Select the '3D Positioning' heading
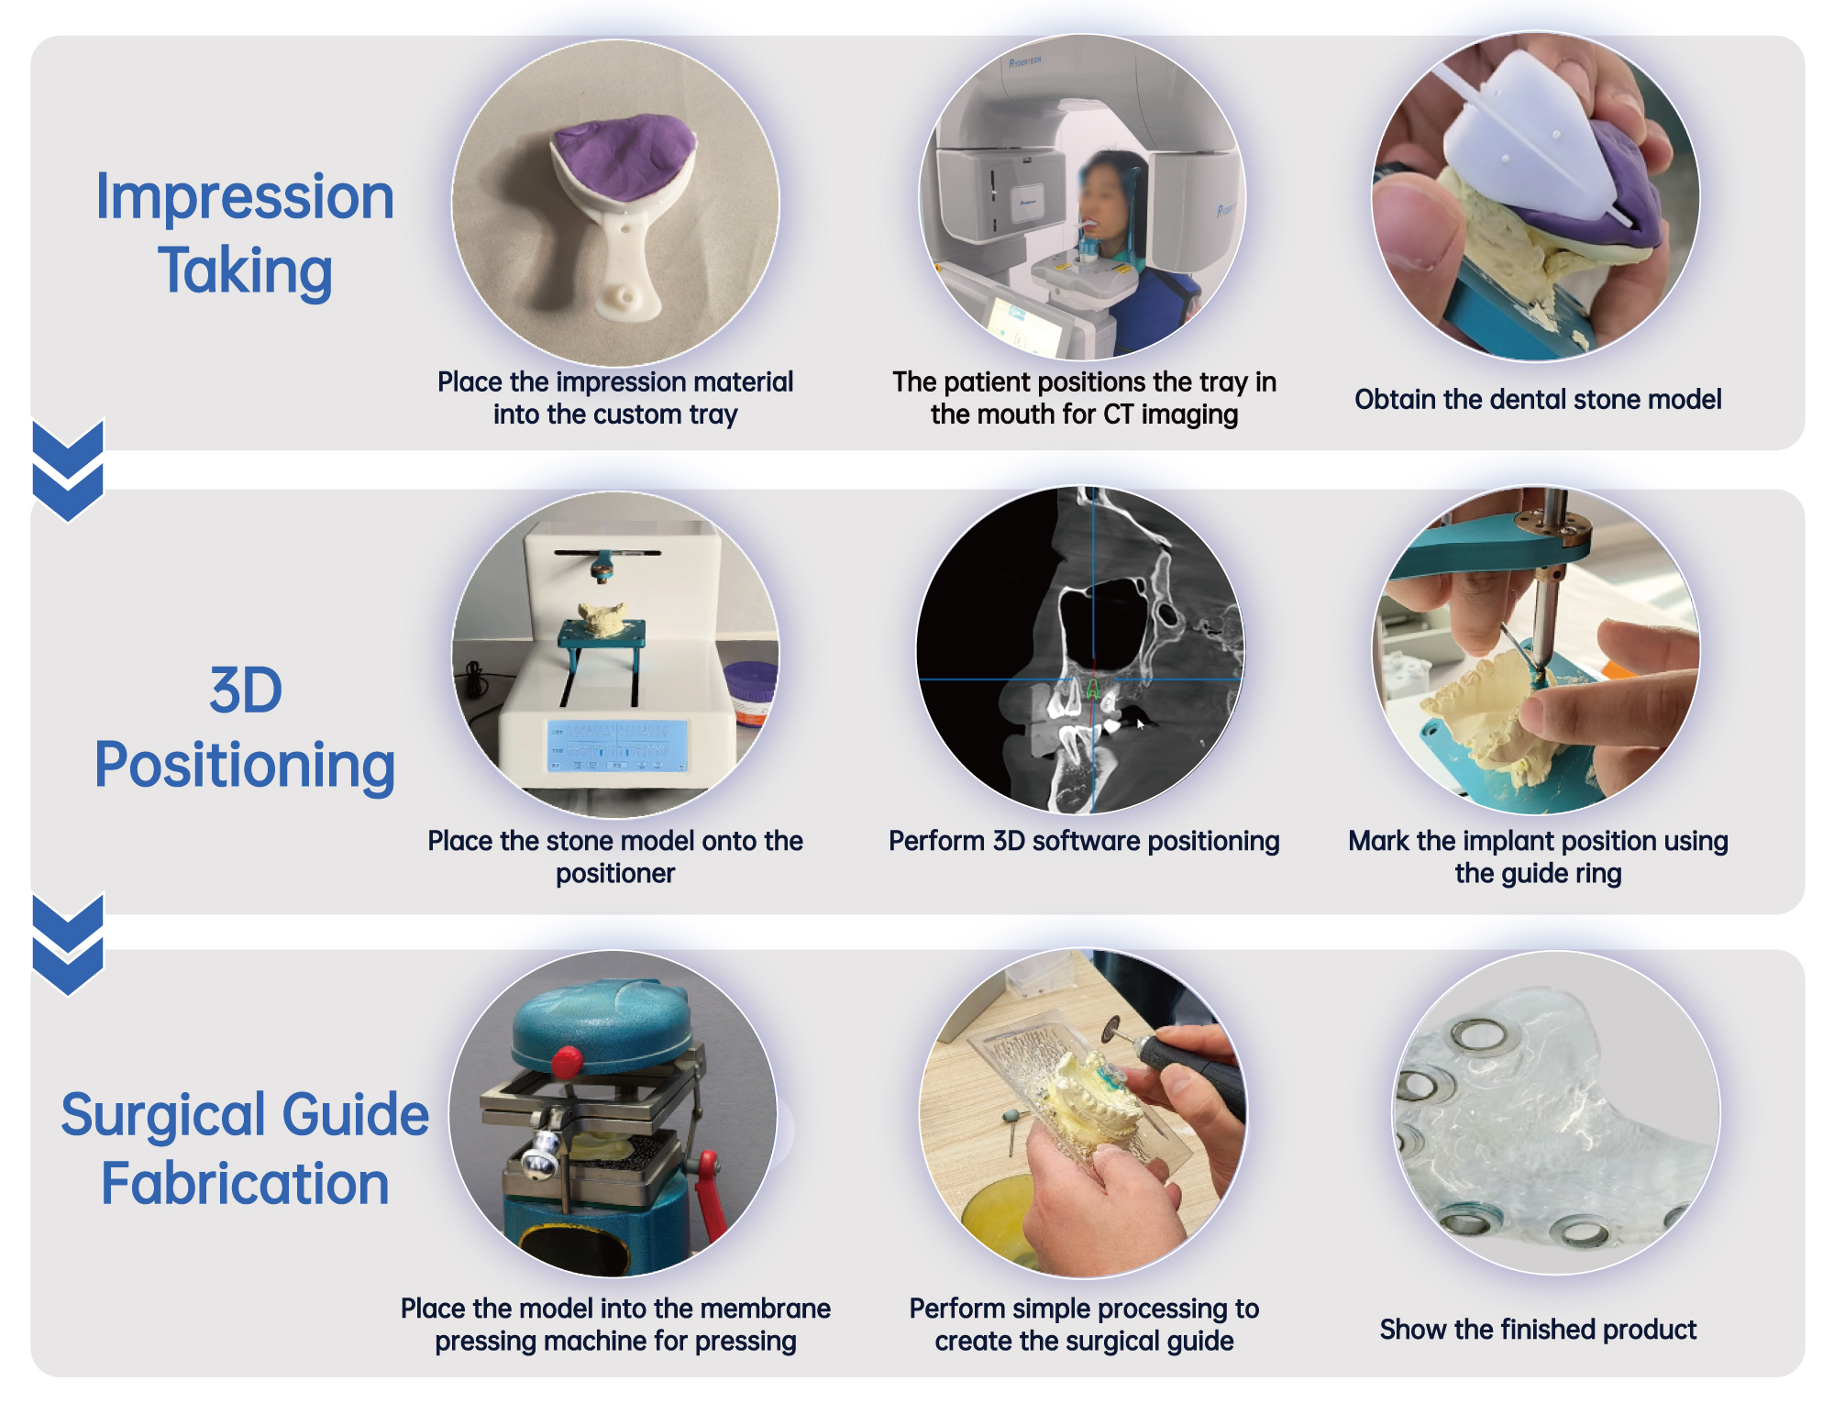coord(245,727)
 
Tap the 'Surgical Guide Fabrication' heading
coord(245,1148)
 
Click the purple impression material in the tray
coord(624,154)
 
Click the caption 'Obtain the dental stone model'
coord(1538,399)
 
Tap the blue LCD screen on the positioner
coord(617,745)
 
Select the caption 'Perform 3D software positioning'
coord(1084,841)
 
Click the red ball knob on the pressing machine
coord(568,1061)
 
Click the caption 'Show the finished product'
coord(1538,1329)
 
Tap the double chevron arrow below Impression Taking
coord(68,470)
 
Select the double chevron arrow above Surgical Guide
coord(68,945)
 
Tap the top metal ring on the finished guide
coord(1477,1035)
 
